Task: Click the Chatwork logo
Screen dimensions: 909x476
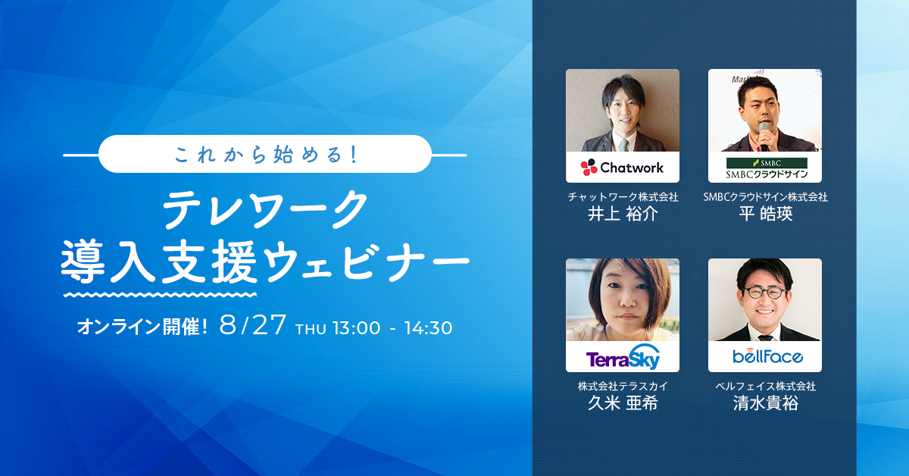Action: pos(622,168)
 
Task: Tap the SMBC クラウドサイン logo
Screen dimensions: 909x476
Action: pos(767,168)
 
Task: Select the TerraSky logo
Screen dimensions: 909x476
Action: pos(623,358)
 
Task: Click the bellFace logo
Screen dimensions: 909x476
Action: pos(767,356)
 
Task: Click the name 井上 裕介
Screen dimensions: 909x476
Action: pos(623,214)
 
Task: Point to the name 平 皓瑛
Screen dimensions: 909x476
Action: pos(765,214)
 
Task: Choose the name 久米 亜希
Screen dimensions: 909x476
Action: pos(623,403)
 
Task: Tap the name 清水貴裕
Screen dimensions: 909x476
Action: pos(765,403)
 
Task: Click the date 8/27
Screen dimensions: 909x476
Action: pos(252,325)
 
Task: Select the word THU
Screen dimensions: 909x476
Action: pos(311,329)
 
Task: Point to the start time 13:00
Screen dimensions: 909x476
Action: pos(357,328)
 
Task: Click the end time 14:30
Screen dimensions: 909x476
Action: pos(428,328)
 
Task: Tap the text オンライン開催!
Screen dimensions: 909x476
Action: pos(142,327)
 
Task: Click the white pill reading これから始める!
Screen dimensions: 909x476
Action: pos(265,154)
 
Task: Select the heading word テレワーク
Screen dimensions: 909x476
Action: pos(266,209)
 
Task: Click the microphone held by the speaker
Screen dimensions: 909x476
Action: pos(764,135)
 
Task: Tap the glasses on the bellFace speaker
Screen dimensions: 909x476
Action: pos(764,293)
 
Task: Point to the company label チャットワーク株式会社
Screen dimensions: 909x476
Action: pos(623,197)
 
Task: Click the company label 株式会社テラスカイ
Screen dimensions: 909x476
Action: pos(623,386)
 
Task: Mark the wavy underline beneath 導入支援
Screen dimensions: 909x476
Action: pos(161,295)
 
